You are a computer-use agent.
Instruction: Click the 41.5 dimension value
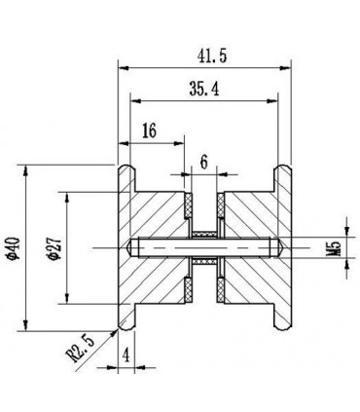[212, 56]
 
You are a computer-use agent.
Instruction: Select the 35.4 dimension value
[204, 89]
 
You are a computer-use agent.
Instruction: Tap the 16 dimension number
[149, 131]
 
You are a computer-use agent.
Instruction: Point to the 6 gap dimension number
[203, 163]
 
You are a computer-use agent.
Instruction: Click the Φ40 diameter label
[15, 248]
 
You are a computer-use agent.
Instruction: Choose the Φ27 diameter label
[54, 248]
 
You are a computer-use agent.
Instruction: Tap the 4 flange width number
[126, 356]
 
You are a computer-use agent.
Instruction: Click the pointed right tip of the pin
[284, 248]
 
